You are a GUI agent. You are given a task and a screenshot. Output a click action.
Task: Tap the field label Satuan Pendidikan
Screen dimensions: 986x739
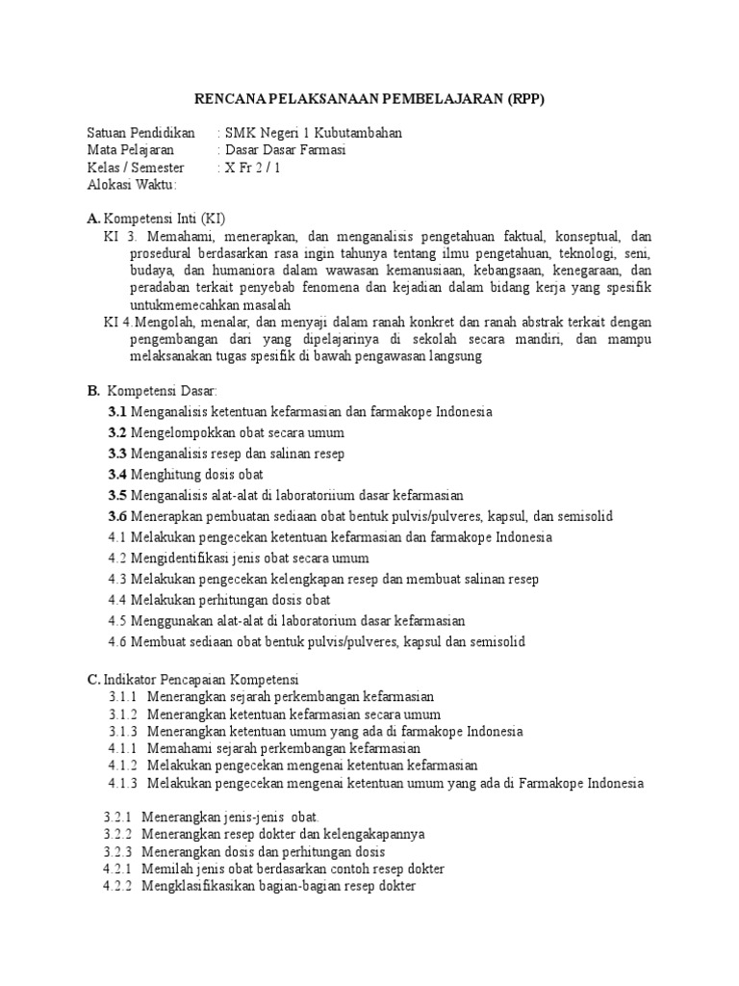(x=140, y=133)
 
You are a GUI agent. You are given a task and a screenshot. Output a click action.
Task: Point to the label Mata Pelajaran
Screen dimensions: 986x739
(x=131, y=150)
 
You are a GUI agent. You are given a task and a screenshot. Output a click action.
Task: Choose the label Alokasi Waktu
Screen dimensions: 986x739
(x=133, y=185)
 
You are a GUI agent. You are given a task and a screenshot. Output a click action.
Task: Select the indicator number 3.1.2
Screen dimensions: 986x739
(x=121, y=714)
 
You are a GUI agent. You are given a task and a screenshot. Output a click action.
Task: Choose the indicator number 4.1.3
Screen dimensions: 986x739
(x=121, y=784)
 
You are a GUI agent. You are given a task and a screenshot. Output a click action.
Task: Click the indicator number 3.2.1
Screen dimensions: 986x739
(x=117, y=817)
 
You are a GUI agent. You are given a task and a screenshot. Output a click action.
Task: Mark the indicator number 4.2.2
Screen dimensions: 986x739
(x=117, y=886)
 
